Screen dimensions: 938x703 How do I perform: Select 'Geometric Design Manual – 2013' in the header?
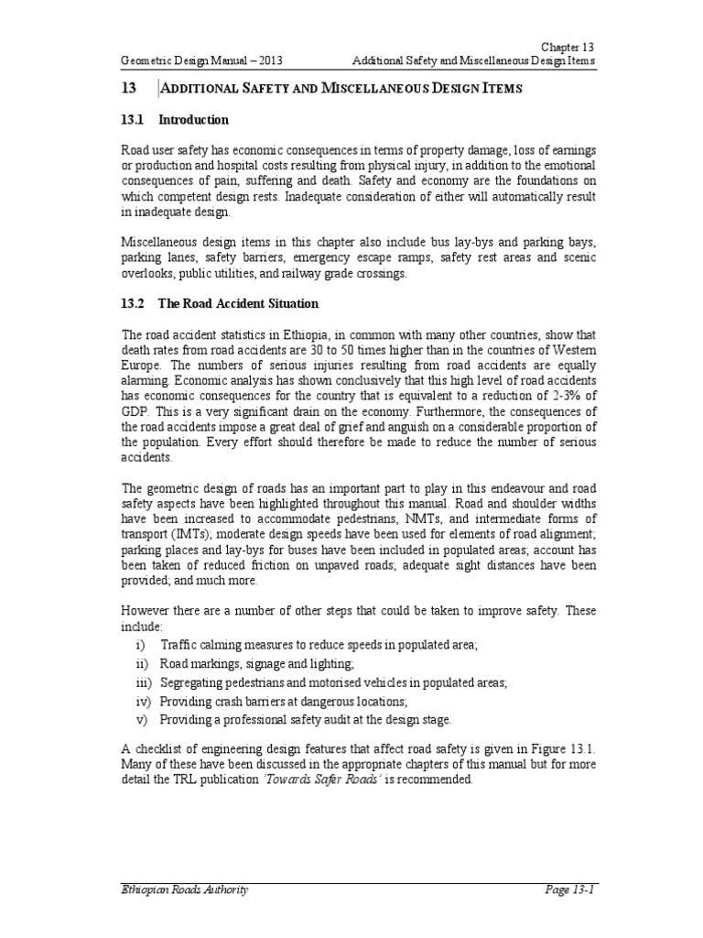click(x=201, y=60)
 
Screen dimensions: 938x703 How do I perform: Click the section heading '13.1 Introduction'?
click(x=175, y=120)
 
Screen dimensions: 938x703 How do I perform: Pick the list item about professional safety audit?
click(x=306, y=720)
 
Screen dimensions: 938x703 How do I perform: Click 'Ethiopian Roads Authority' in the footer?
click(x=183, y=889)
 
